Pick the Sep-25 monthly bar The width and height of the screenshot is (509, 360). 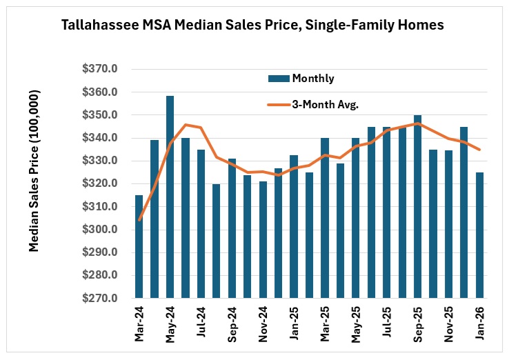417,206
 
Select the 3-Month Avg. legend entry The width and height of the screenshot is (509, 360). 323,105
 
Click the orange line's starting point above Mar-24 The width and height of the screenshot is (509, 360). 139,219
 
